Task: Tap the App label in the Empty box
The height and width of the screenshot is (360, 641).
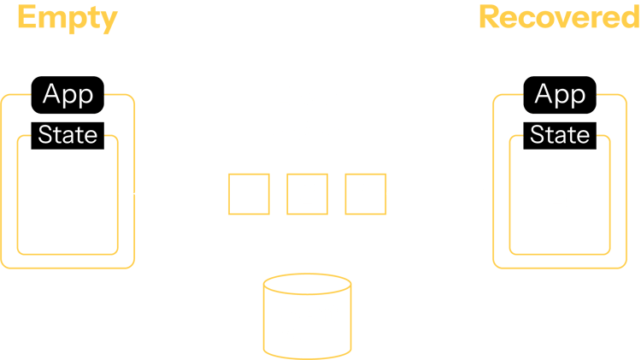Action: pos(68,94)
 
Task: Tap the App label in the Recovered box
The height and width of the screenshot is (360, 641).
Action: pos(560,94)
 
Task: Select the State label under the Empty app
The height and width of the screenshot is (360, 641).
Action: pos(68,135)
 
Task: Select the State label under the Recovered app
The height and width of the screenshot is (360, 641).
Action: pos(560,135)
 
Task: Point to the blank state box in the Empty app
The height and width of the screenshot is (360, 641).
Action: pos(68,201)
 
